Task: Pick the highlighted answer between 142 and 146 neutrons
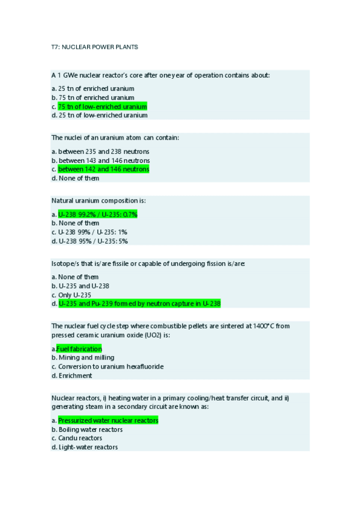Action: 103,170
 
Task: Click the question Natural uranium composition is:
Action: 99,200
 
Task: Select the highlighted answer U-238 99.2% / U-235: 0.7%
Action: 98,214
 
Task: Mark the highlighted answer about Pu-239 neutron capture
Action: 139,304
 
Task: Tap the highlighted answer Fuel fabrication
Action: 79,349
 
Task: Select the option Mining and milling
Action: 84,357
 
